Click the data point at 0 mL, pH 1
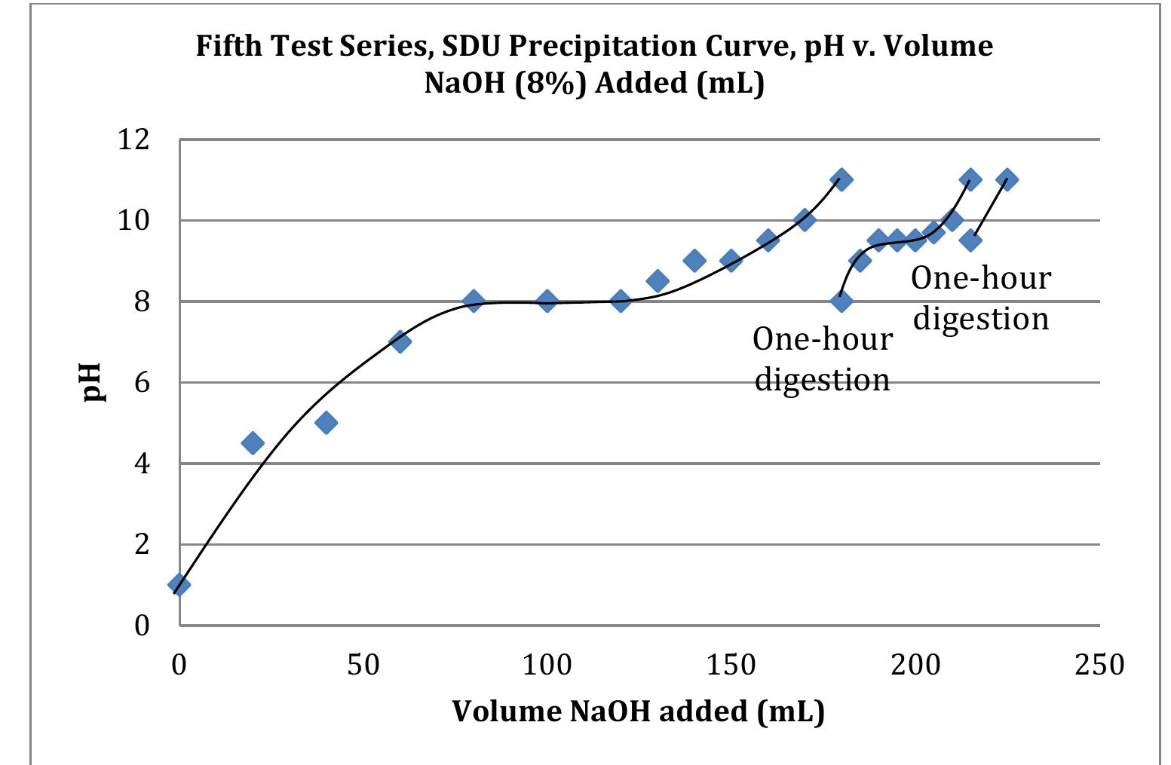179,584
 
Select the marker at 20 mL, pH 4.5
253,443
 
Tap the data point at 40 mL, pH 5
326,423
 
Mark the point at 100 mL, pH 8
547,301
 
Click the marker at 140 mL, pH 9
694,261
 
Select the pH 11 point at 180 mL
841,179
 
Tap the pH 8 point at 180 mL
841,301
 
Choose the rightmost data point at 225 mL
1007,179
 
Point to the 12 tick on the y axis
133,139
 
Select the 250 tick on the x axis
1099,665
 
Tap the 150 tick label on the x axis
731,665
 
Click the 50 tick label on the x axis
363,665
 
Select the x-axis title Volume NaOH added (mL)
638,711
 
